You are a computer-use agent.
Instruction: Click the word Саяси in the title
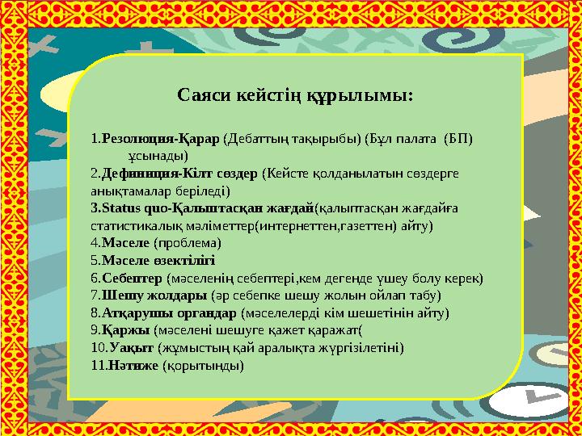pyautogui.click(x=202, y=97)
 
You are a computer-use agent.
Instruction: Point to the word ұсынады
pyautogui.click(x=158, y=156)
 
